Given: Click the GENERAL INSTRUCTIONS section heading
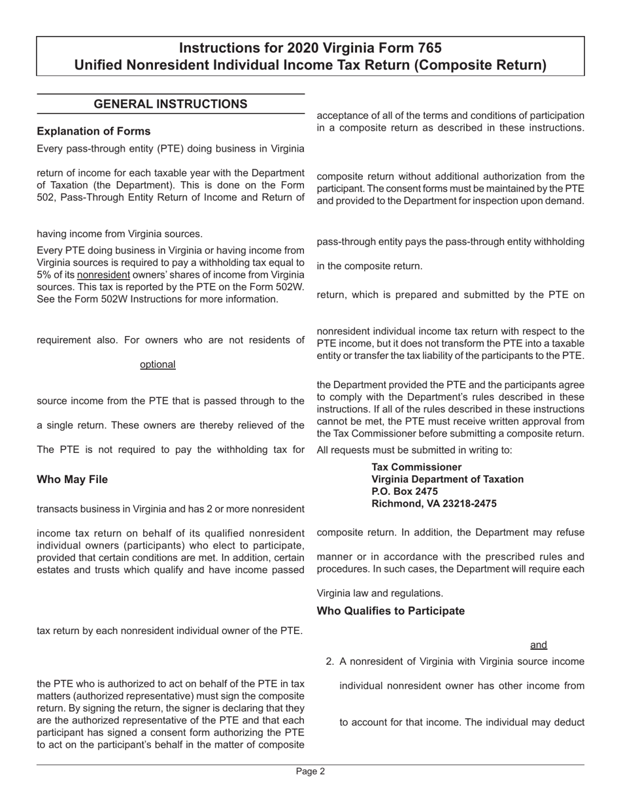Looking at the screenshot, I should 171,104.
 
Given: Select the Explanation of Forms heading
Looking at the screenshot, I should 93,131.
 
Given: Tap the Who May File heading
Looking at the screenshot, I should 73,479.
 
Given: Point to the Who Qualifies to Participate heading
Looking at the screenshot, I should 391,611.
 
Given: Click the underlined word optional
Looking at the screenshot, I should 158,364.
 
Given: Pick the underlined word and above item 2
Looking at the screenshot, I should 539,645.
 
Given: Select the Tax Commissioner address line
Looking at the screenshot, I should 416,467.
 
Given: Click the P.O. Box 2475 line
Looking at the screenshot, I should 405,492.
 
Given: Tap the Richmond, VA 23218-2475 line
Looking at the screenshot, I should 434,504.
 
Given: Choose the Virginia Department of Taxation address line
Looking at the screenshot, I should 447,479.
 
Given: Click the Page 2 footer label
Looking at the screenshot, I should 310,771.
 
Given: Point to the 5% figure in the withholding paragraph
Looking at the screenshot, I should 45,275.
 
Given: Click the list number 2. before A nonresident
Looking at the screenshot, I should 330,662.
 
